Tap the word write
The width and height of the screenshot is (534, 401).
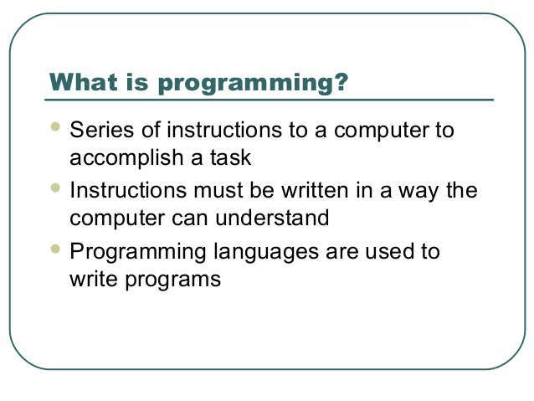click(91, 280)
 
